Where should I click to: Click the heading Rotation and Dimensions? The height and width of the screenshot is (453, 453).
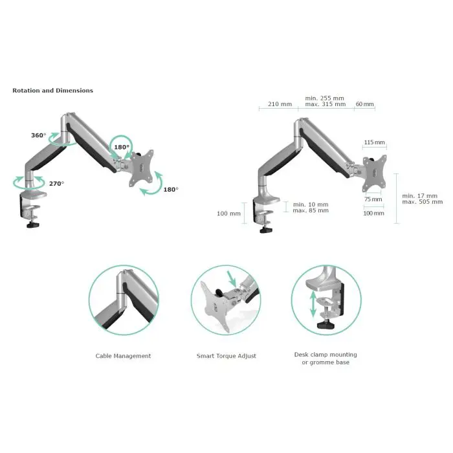(52, 91)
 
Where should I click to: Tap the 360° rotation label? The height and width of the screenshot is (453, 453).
(38, 135)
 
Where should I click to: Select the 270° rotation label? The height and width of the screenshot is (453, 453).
(57, 184)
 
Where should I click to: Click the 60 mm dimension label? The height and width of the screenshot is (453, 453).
(365, 104)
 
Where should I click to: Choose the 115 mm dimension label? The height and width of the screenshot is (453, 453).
(374, 142)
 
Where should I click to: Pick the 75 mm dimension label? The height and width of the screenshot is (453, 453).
(373, 201)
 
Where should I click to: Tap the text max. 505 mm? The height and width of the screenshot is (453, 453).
(422, 202)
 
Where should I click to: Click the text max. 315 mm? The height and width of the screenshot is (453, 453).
(325, 104)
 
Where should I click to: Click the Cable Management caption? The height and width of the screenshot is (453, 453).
(123, 356)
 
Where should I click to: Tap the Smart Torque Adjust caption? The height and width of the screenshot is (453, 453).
(226, 356)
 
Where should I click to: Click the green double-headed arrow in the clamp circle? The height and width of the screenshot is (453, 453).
(313, 304)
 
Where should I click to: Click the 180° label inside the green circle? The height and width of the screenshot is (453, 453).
(122, 147)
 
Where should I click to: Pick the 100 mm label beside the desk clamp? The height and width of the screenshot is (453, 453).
(229, 214)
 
